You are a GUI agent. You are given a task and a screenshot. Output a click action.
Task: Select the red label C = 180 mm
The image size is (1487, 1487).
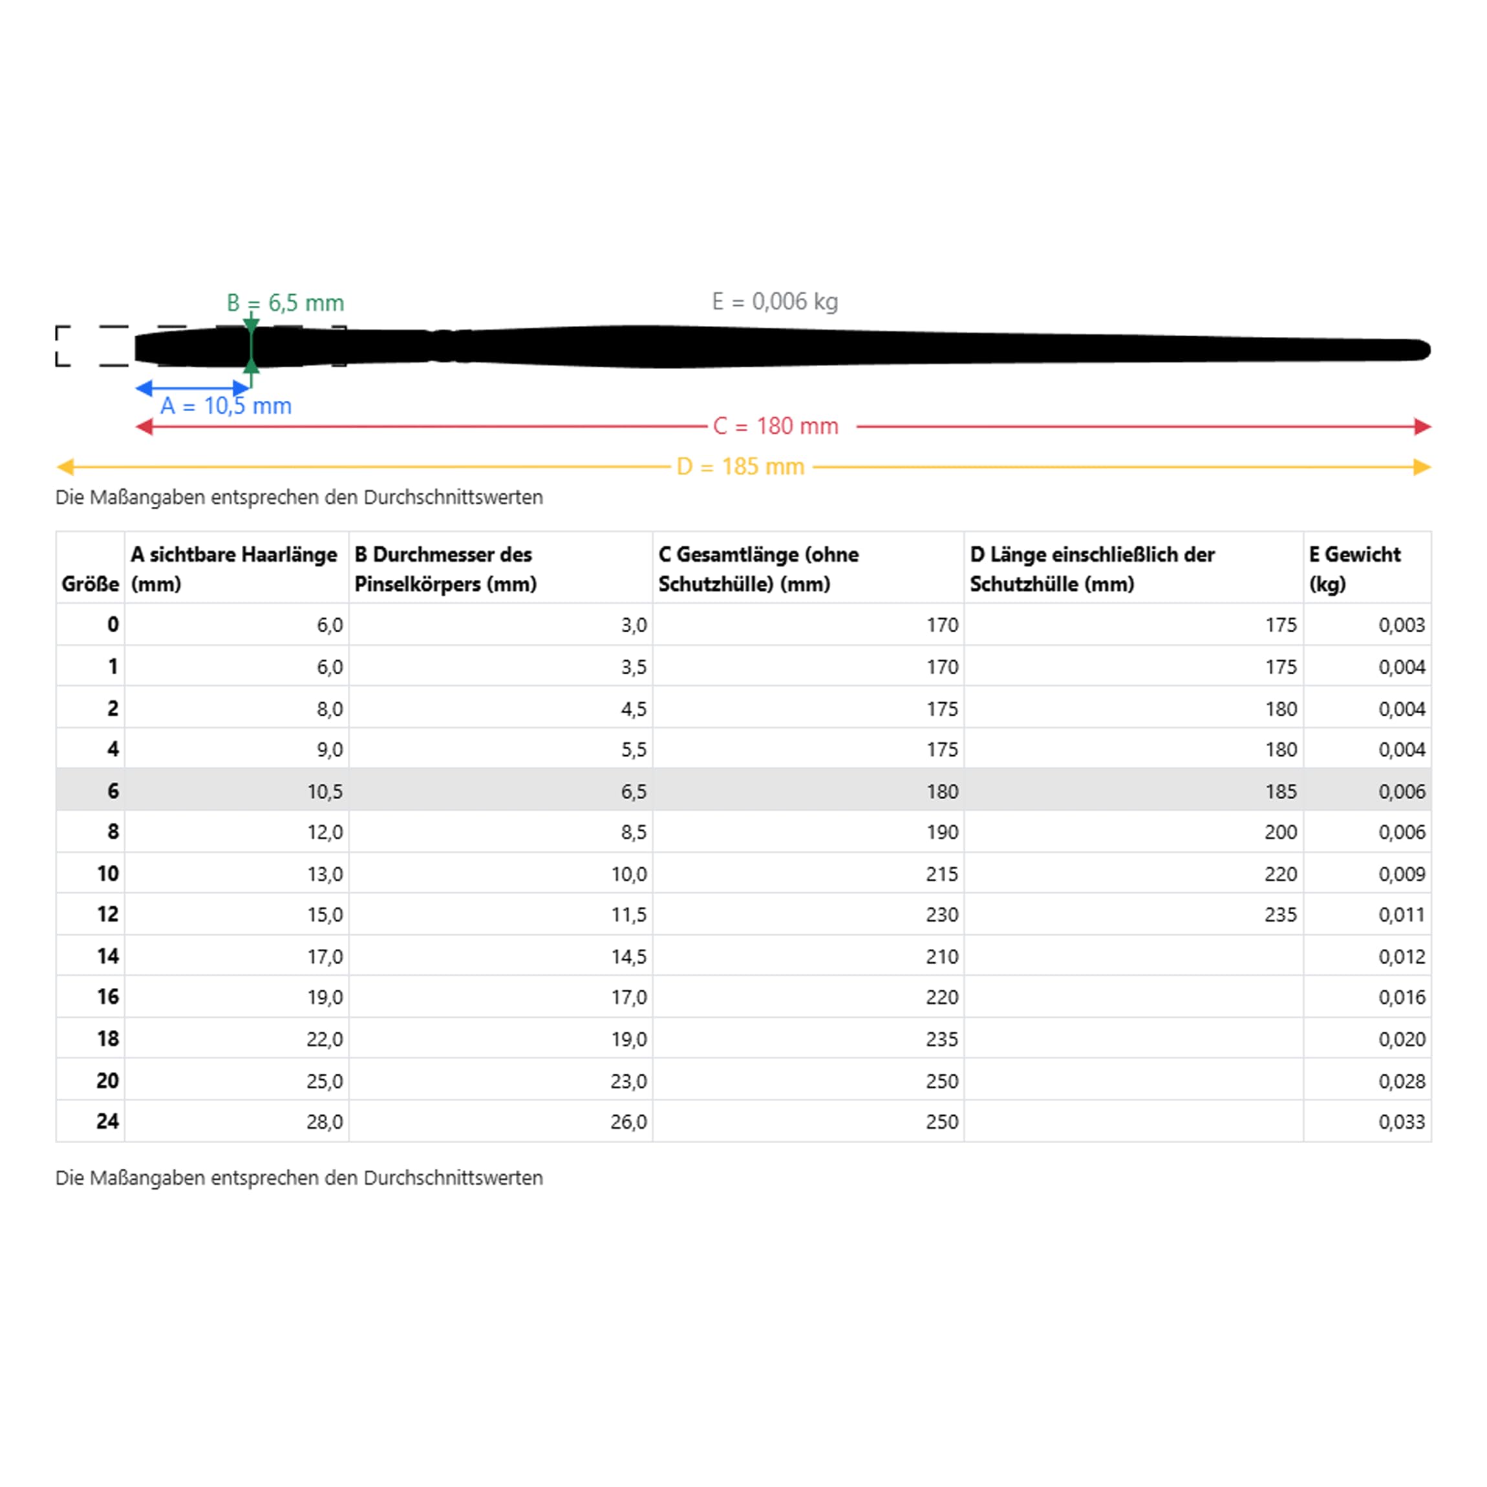coord(775,427)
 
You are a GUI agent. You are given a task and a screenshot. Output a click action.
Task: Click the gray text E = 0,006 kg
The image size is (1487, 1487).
coord(775,302)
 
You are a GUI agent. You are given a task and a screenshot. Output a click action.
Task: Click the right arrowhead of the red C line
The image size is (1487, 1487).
coord(1422,427)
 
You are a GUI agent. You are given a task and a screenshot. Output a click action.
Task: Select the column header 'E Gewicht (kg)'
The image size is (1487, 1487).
coord(1354,569)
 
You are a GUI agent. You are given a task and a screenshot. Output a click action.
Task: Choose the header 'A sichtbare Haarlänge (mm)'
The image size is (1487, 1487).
coord(234,569)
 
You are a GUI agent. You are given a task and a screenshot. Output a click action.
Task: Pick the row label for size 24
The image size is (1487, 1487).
coord(108,1122)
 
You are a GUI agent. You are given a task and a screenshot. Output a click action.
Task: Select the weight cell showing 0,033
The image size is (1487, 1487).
coord(1402,1122)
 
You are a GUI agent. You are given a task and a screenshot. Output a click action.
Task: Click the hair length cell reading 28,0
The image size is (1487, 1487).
coord(324,1122)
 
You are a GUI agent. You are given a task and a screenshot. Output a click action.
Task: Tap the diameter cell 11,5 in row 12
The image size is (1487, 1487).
coord(629,915)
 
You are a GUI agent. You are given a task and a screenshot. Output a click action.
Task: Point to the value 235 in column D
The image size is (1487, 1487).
coord(1281,915)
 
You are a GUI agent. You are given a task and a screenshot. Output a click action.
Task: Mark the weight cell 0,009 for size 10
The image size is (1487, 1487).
coord(1402,874)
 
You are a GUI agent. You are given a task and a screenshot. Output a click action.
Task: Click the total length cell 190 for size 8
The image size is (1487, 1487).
coord(942,833)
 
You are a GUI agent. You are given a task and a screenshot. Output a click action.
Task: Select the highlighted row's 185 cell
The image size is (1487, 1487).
coord(1281,791)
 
